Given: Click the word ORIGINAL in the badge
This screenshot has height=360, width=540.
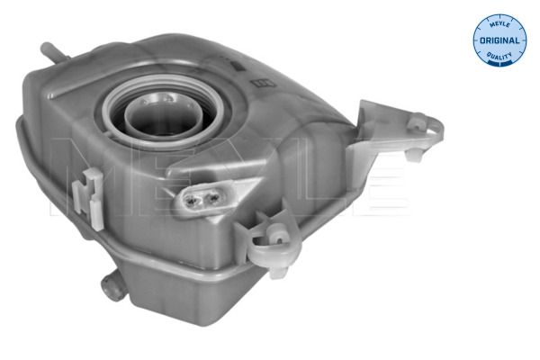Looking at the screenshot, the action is tap(499, 40).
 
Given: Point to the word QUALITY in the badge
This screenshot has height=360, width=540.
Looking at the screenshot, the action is tap(499, 55).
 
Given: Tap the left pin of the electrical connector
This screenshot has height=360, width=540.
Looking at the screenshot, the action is tap(190, 199).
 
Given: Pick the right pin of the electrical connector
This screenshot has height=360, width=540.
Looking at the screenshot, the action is tap(213, 197).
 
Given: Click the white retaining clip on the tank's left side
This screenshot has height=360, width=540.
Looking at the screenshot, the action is tap(88, 198).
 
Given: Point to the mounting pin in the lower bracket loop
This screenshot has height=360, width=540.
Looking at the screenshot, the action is tap(278, 235).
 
